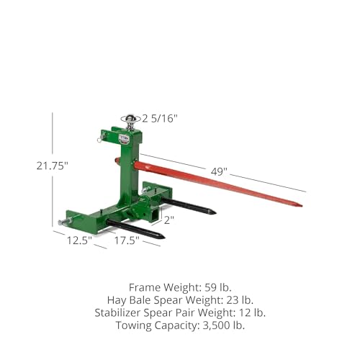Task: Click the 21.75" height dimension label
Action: (32, 165)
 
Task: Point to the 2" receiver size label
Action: (168, 220)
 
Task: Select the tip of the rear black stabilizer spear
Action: (213, 212)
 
